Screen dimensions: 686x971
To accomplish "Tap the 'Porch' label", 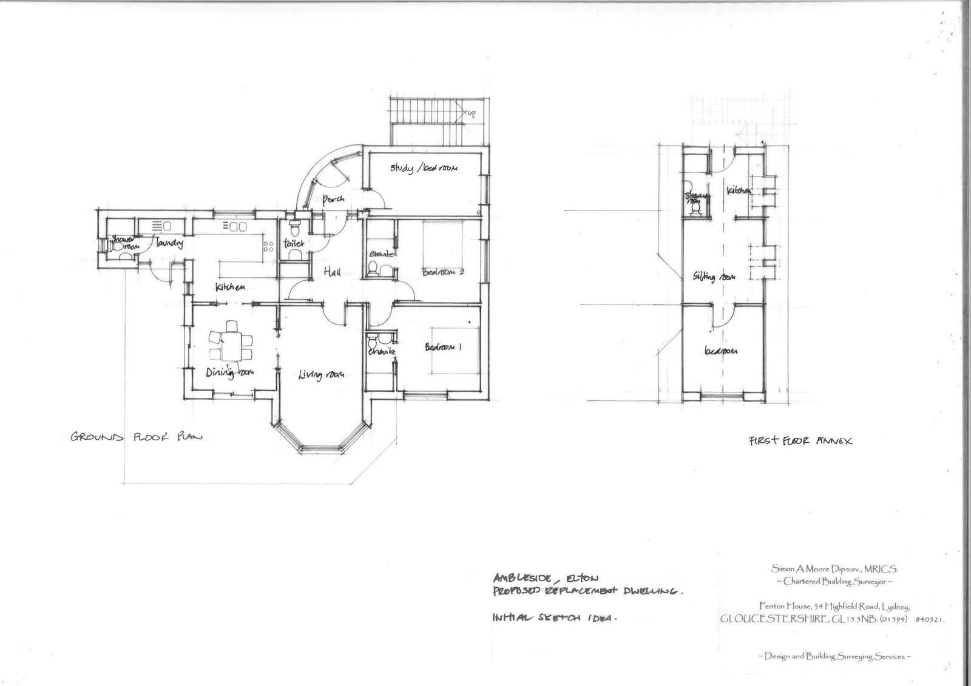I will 333,199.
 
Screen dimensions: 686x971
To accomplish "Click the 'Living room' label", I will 321,374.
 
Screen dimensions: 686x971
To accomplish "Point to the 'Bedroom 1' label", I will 443,348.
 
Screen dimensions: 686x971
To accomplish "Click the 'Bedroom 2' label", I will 443,272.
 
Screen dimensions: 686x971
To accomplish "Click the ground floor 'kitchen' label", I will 230,286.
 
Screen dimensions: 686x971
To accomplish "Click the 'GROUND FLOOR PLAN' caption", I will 136,437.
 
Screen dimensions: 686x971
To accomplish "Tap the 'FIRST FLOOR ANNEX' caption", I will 800,441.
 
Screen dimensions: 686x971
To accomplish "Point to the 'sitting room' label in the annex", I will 714,277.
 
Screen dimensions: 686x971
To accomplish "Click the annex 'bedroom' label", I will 721,351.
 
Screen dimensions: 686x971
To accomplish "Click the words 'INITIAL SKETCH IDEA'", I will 554,619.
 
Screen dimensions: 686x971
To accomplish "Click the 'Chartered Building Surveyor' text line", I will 834,582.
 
